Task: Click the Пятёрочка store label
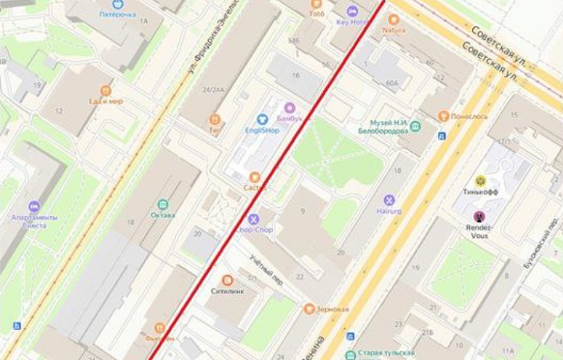coord(117,14)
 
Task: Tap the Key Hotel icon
coord(353,11)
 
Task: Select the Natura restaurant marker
coord(393,19)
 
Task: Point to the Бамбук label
coord(289,117)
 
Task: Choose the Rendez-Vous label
coord(479,232)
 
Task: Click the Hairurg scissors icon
coord(389,200)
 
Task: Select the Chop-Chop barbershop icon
coord(253,219)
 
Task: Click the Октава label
coord(163,214)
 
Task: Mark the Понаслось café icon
coord(443,116)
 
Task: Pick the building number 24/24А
coord(213,90)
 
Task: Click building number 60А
coord(392,82)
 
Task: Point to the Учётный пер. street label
coord(266,268)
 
